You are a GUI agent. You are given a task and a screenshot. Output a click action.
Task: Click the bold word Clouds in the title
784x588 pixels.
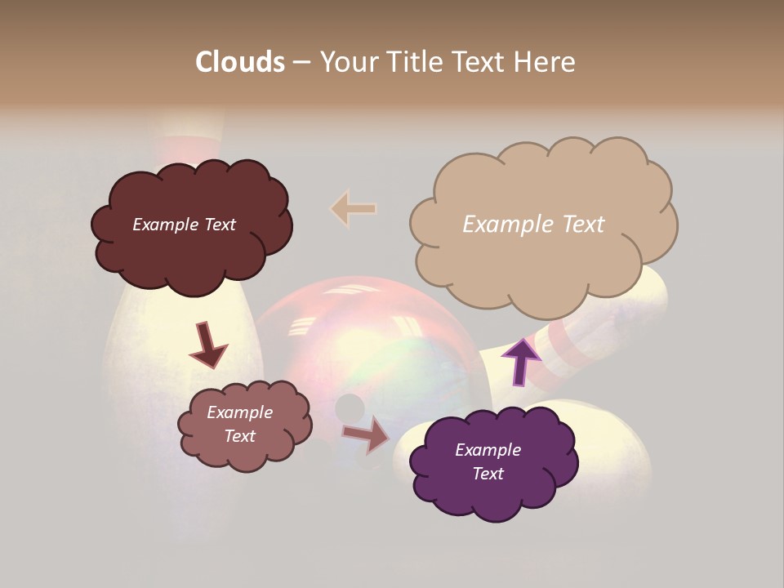(239, 62)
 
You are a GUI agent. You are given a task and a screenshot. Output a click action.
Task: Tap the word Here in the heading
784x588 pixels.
(546, 62)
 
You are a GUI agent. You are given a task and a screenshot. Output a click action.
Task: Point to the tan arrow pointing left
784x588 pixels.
(354, 208)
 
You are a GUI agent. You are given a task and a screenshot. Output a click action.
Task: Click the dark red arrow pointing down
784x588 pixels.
(208, 344)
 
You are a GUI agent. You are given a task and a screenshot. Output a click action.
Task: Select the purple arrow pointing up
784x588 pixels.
(521, 360)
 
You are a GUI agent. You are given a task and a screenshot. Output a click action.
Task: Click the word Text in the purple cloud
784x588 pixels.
(488, 474)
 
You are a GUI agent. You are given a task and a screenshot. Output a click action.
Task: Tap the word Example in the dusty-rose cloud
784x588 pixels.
(239, 412)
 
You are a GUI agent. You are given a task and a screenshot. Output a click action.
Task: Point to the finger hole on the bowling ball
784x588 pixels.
(350, 407)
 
